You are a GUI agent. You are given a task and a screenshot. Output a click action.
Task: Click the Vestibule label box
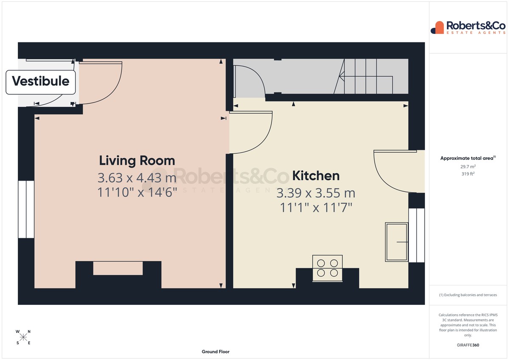41,82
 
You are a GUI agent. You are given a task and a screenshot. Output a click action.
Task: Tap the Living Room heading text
137,161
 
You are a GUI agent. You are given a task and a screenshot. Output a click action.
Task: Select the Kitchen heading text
316,176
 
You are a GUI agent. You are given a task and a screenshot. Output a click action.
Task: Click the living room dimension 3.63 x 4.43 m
137,178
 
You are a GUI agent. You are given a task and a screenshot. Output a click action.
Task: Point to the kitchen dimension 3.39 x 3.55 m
316,193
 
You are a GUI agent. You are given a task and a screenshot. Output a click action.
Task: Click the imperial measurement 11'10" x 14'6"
137,192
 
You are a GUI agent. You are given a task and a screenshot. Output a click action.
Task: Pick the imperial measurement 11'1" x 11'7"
316,207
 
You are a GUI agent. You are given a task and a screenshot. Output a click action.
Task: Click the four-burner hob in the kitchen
327,268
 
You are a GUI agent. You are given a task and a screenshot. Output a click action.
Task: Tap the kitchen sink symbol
397,242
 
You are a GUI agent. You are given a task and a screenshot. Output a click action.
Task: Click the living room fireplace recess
118,268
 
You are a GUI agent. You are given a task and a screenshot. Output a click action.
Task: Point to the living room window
26,209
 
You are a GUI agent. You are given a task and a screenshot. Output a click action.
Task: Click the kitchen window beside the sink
417,235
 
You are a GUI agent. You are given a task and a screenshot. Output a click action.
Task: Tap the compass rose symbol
23,337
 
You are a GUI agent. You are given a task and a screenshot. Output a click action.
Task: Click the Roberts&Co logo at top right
468,28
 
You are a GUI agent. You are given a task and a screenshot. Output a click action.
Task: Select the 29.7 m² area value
468,167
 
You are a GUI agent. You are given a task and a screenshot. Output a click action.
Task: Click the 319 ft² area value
468,174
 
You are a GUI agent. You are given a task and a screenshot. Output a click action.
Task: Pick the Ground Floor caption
215,352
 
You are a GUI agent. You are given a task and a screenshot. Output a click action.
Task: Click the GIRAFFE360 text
468,345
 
